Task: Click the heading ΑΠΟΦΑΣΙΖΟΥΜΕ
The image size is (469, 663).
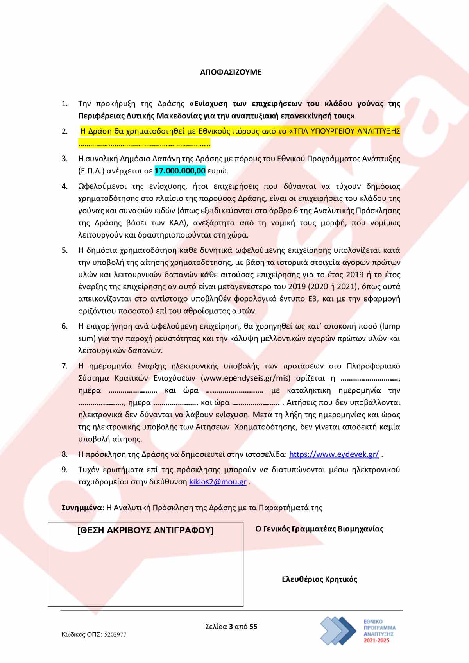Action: pos(231,72)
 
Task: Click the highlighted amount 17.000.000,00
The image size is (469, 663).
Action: pos(180,171)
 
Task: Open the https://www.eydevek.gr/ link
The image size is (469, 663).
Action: pos(334,454)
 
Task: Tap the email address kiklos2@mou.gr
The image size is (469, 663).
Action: pos(218,482)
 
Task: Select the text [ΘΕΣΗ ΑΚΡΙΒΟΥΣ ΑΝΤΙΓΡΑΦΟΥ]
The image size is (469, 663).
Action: pos(145,530)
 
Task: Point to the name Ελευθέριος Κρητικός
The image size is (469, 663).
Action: pos(319,579)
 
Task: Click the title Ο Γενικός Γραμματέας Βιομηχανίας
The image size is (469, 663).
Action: pos(319,529)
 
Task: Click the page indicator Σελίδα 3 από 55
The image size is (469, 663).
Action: pos(231,627)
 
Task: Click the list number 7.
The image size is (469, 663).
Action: pos(64,366)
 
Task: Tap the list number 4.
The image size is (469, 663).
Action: pos(64,186)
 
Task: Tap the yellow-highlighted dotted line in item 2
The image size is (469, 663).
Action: pos(144,144)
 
